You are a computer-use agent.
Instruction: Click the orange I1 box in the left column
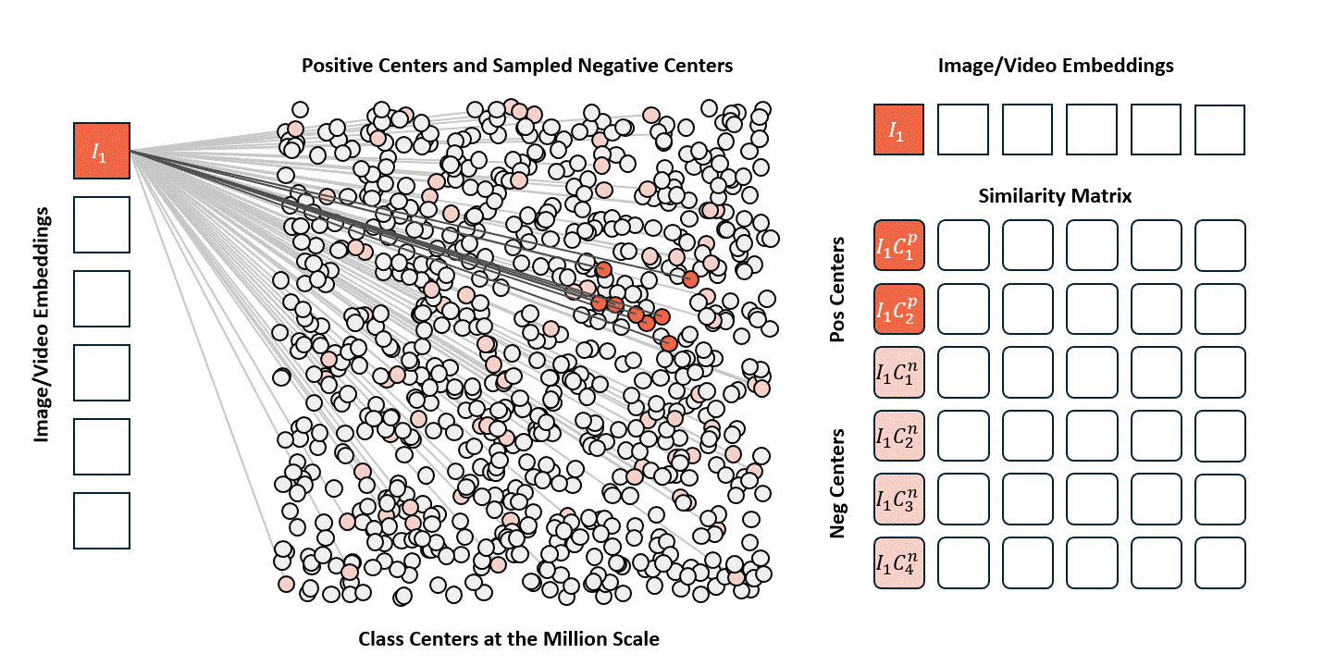point(102,151)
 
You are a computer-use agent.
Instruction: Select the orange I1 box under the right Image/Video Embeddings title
point(899,129)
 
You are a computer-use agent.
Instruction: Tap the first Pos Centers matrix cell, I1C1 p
point(899,245)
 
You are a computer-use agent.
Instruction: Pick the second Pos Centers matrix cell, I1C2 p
point(899,309)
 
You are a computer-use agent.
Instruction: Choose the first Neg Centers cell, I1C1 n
point(899,373)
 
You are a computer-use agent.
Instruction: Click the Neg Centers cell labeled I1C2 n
point(899,436)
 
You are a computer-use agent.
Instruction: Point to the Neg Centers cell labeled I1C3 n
point(899,499)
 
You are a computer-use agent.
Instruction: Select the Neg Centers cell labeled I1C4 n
point(899,562)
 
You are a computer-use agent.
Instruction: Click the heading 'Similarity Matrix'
point(1055,196)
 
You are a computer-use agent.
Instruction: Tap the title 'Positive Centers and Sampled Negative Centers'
point(517,66)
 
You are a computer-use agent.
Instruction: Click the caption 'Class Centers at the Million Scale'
point(509,639)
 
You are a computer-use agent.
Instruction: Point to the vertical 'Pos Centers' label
point(838,290)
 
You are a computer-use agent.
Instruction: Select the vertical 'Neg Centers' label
point(838,483)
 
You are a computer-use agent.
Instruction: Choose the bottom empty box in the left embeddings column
point(102,521)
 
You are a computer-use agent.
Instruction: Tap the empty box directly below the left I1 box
point(102,225)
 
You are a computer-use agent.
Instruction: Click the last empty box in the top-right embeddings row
point(1219,129)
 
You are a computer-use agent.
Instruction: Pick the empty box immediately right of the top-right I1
point(963,129)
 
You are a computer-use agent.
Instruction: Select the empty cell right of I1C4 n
point(963,562)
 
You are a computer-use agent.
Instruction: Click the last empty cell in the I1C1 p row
point(1219,245)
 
